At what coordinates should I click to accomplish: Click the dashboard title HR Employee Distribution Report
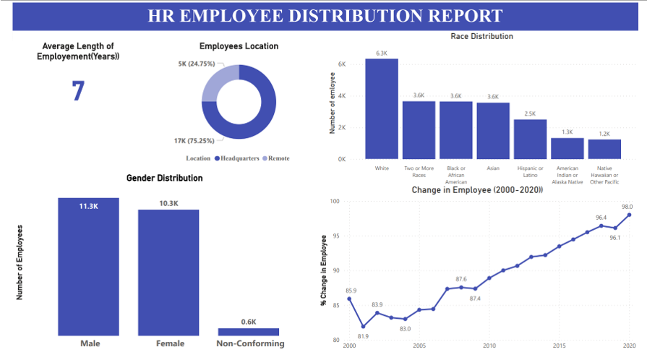325,16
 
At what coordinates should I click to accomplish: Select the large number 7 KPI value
78,92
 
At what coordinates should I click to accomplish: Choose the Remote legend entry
278,158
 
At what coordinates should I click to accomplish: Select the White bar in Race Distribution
382,108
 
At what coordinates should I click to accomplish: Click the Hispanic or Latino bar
530,139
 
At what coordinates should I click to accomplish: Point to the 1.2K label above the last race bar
604,134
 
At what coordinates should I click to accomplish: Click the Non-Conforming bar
249,332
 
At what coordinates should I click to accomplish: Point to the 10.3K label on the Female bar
168,203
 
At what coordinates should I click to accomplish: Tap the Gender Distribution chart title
164,178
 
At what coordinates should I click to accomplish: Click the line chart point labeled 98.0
629,215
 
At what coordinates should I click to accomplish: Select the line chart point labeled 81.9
363,326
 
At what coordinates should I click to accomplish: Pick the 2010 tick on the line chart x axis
489,346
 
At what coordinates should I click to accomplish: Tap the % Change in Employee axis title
324,270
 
